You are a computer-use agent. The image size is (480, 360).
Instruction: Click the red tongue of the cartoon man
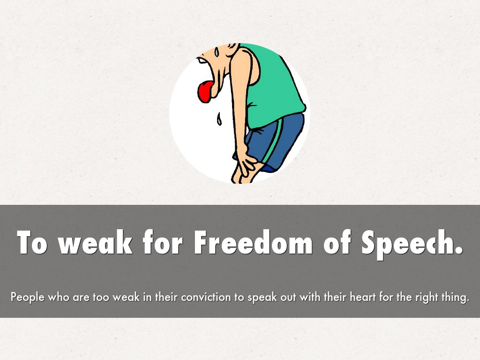[206, 91]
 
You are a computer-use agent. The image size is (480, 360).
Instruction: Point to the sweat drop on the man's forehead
[217, 52]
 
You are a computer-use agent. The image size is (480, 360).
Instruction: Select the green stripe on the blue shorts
[272, 141]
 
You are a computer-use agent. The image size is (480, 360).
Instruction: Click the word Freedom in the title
[253, 242]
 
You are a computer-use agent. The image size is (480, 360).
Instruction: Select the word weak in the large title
[96, 242]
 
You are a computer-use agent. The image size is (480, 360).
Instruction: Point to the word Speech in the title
[412, 243]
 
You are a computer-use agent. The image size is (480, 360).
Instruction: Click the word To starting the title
[32, 242]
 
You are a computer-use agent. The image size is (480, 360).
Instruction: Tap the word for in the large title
[163, 242]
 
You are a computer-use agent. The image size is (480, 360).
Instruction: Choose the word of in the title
[337, 242]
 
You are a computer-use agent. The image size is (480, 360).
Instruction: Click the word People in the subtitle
[28, 297]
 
